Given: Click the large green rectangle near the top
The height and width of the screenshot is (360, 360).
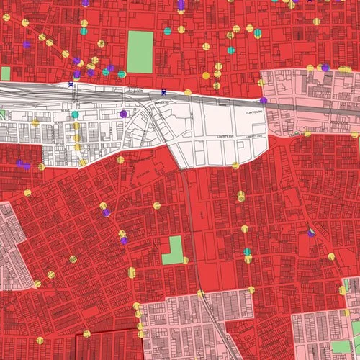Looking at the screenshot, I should (x=140, y=52).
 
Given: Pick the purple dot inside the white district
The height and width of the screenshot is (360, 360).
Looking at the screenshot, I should (x=123, y=114).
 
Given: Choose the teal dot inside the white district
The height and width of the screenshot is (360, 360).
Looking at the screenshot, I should (x=75, y=115).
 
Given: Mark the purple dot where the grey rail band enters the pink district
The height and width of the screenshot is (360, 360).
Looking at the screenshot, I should (x=264, y=100).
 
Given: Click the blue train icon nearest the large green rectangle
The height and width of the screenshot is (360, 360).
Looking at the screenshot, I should (x=164, y=91).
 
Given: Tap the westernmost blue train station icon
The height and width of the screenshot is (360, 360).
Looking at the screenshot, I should (x=71, y=84).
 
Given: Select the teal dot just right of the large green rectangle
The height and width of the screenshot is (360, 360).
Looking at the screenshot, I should (x=168, y=31).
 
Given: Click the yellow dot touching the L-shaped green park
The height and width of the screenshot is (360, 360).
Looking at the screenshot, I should (x=185, y=260).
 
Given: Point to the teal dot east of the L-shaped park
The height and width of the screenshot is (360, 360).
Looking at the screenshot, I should (x=247, y=252).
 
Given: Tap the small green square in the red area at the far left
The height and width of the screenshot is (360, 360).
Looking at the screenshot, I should (x=6, y=73).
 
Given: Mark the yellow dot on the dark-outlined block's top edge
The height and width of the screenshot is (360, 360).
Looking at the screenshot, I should (x=86, y=333).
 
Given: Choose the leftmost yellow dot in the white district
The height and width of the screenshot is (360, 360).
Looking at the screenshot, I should (x=35, y=123).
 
